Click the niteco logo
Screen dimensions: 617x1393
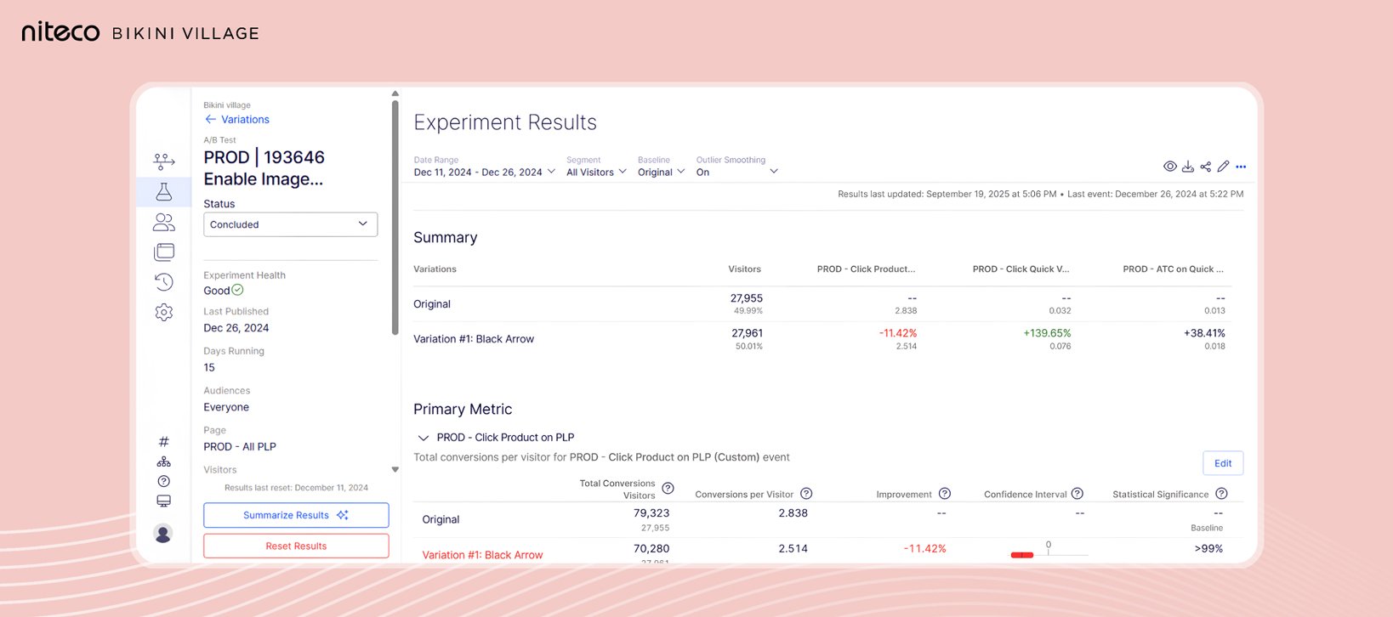[x=60, y=32]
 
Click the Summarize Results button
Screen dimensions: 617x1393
[x=295, y=515]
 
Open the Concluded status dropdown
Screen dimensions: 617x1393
[x=290, y=224]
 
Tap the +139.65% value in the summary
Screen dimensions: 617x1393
[x=1047, y=333]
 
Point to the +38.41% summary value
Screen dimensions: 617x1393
[x=1204, y=333]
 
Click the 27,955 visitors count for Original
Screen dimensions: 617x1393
[x=746, y=298]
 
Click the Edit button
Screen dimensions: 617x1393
[x=1223, y=463]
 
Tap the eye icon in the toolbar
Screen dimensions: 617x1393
[x=1170, y=167]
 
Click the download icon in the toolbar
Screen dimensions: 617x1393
[x=1188, y=167]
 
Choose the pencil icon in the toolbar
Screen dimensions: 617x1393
[x=1223, y=167]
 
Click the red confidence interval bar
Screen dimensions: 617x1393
[x=1022, y=555]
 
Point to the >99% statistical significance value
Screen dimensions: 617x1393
[x=1208, y=549]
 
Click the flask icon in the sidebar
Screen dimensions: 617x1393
[x=164, y=192]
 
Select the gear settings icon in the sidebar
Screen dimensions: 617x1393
[x=164, y=313]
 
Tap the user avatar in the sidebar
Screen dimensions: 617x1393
[x=163, y=533]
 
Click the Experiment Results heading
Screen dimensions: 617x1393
[x=505, y=122]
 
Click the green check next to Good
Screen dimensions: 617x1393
[x=238, y=290]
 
